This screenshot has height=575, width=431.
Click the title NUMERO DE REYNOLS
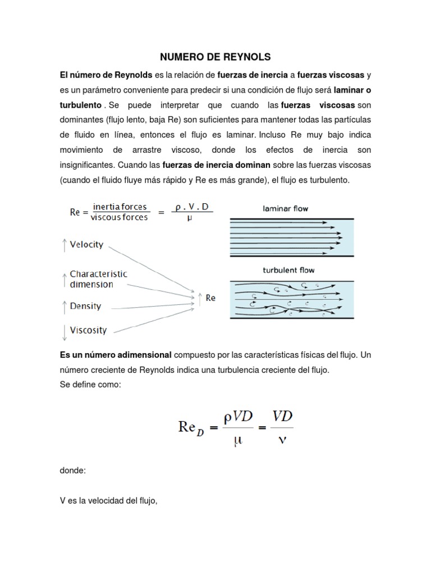coord(215,57)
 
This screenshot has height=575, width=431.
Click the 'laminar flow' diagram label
coord(285,208)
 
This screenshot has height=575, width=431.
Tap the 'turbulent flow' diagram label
coord(288,270)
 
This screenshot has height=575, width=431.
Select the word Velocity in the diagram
coord(86,245)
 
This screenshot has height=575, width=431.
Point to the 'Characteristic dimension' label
coord(98,279)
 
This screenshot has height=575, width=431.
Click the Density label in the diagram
coord(85,307)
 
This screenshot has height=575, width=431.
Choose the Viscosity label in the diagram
coord(88,330)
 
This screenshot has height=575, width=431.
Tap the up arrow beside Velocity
coord(65,245)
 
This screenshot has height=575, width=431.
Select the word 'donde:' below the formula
coord(73,471)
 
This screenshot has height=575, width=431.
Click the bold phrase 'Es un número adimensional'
coord(116,355)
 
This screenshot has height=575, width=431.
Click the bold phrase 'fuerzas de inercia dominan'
coord(217,165)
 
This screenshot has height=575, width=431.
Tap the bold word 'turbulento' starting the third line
coord(81,105)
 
